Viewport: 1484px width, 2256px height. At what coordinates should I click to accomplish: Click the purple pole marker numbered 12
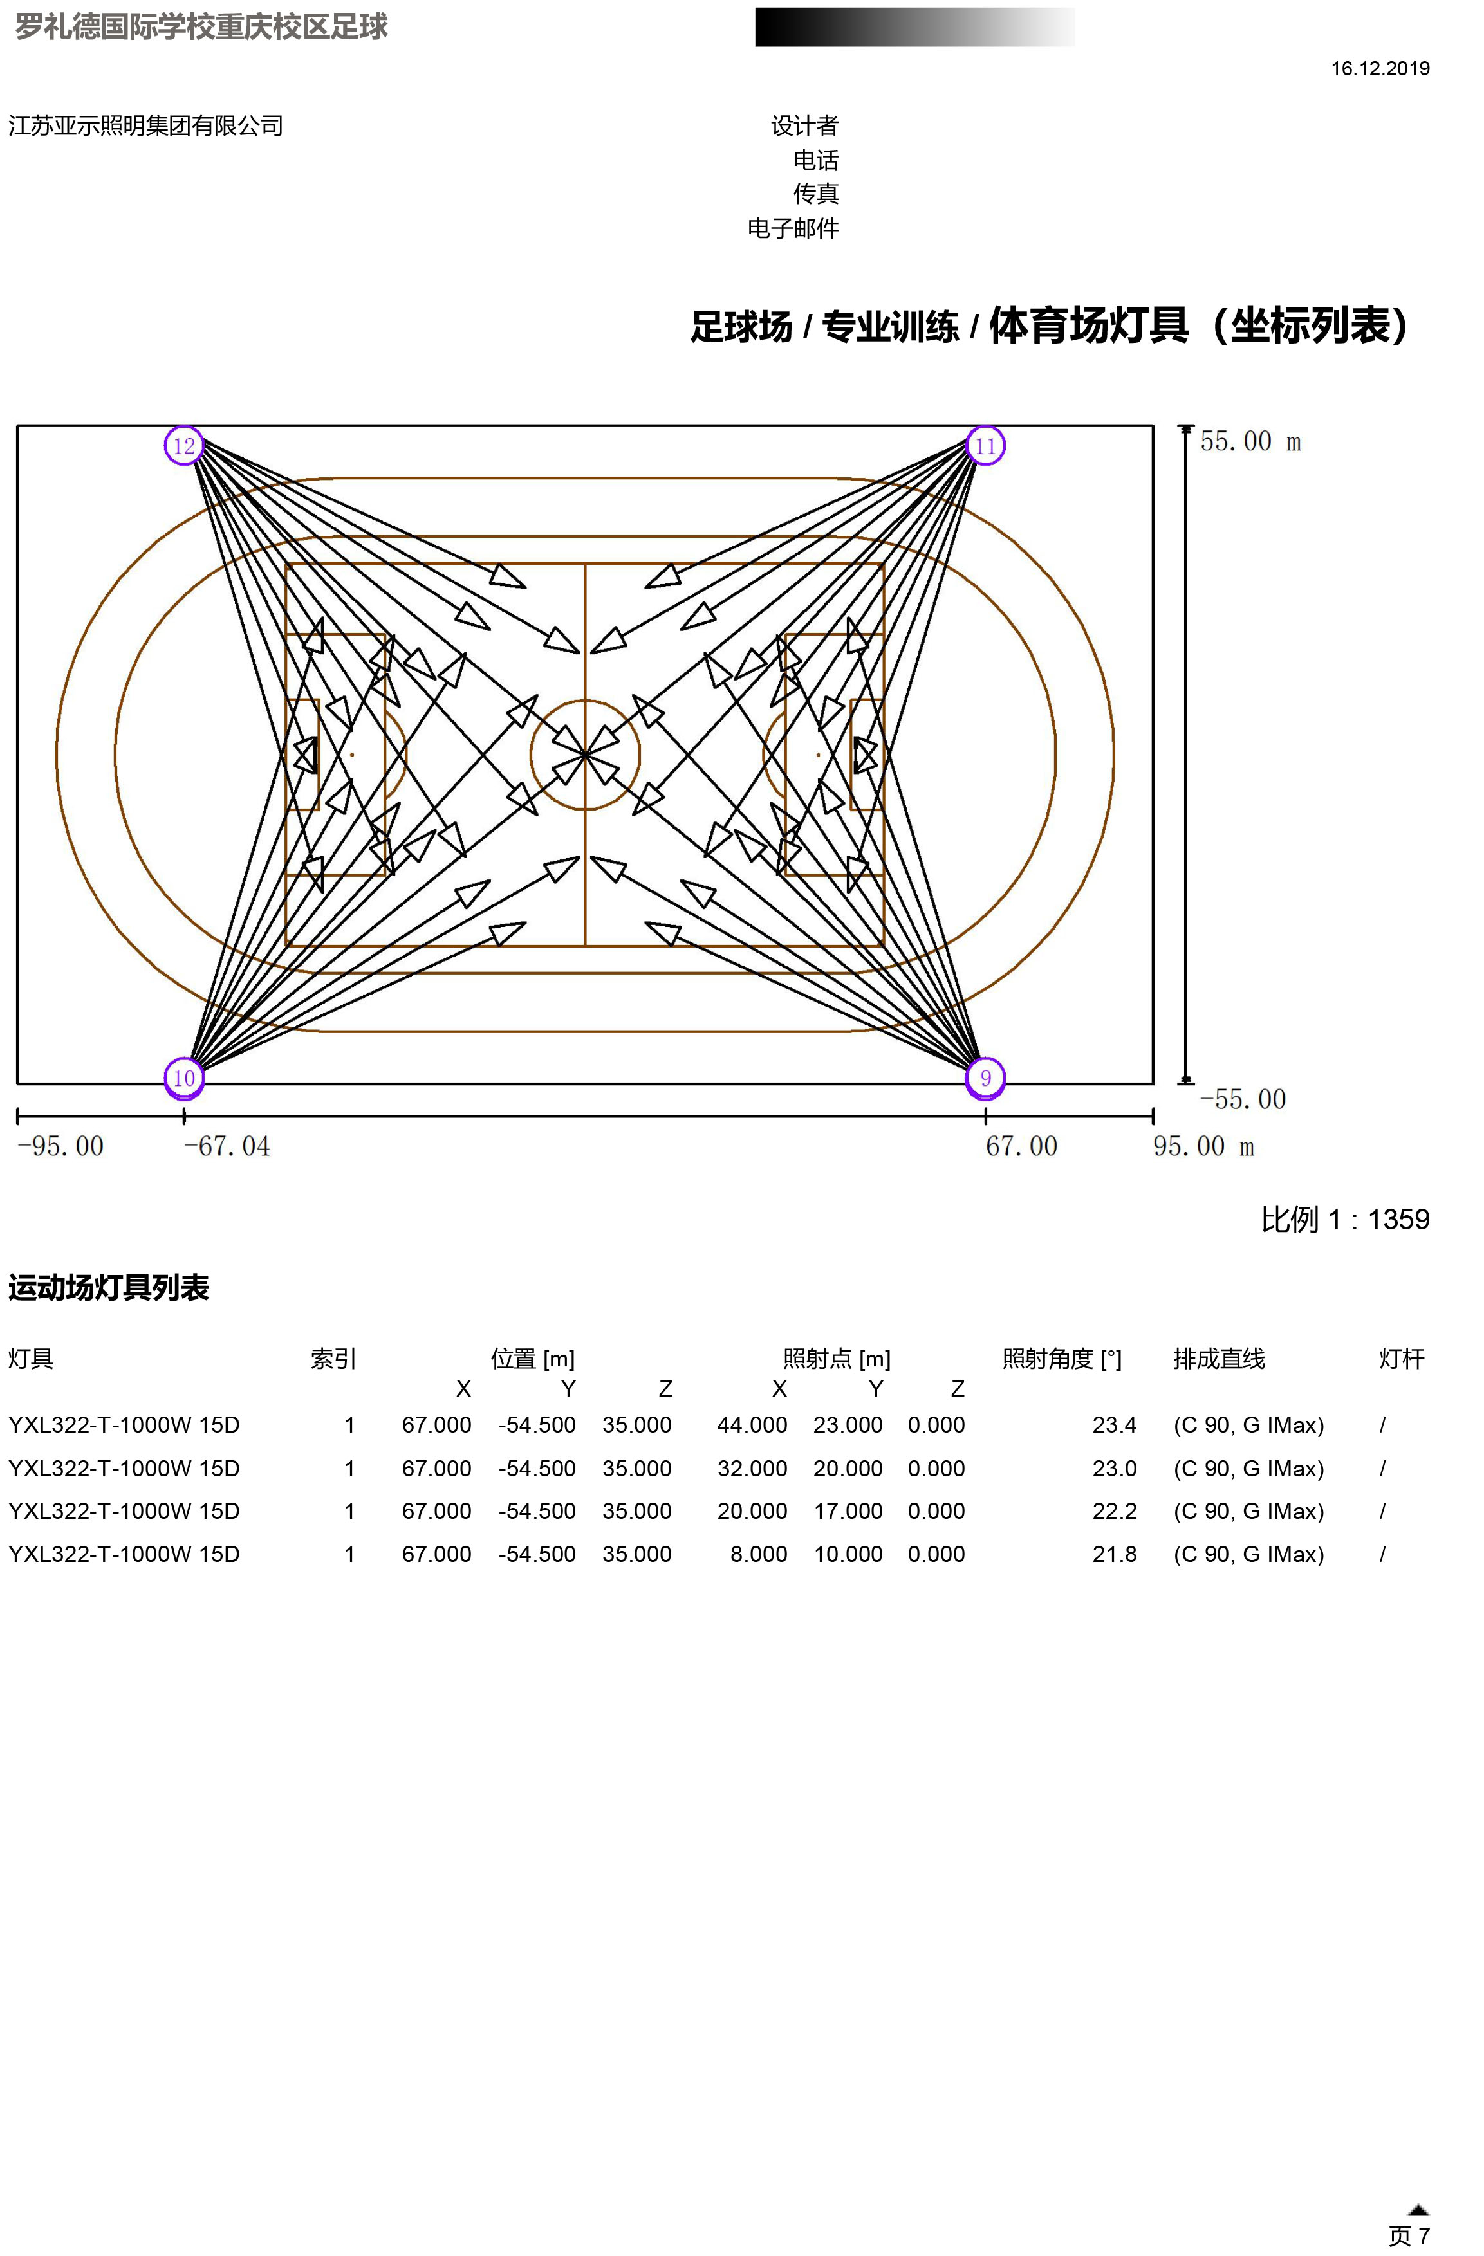(184, 446)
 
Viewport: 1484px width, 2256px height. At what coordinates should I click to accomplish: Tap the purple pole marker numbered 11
(985, 446)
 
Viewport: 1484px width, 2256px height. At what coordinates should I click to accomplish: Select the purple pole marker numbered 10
(184, 1078)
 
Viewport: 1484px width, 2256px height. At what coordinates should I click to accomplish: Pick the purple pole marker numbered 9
(985, 1078)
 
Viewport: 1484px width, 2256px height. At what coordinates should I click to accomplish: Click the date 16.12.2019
(1380, 68)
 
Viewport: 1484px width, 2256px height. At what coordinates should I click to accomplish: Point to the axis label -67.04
(227, 1146)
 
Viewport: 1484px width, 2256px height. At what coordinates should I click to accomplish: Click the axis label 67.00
(1021, 1146)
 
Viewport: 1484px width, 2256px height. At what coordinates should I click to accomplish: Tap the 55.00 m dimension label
(1250, 441)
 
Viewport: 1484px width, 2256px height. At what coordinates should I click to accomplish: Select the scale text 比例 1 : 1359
(1344, 1219)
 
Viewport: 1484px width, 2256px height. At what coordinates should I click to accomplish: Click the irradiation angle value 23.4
(1114, 1425)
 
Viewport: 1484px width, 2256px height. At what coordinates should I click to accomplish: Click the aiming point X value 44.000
(752, 1425)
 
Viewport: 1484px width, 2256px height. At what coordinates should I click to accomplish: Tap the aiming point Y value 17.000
(848, 1511)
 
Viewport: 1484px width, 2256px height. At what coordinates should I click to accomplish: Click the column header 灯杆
(1402, 1359)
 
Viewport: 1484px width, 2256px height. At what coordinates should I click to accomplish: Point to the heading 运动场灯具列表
(109, 1287)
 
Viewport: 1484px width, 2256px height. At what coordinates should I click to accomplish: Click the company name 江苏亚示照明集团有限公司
(146, 126)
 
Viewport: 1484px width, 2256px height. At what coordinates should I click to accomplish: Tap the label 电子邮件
(793, 228)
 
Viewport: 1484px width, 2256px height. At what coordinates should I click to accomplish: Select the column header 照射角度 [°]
(1062, 1359)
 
